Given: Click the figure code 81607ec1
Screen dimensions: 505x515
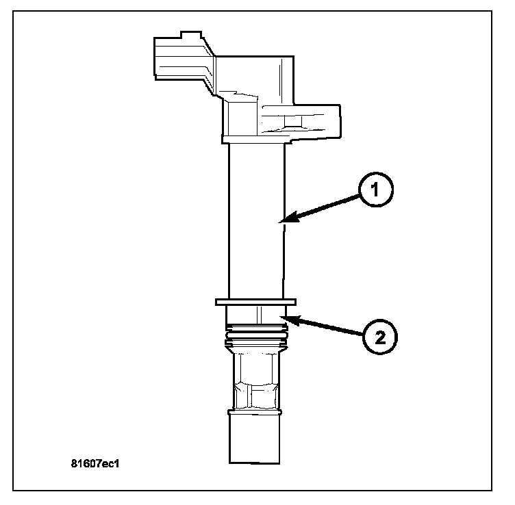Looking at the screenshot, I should [x=95, y=462].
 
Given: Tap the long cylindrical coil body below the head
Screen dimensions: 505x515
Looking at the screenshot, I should [x=255, y=219].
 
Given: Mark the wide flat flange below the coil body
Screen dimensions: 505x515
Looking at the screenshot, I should [x=255, y=301].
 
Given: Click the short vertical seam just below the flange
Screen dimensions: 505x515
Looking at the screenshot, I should [x=259, y=314].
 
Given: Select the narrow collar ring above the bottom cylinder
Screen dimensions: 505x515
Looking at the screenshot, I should [x=255, y=412].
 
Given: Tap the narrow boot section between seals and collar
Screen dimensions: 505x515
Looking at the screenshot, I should [x=255, y=376].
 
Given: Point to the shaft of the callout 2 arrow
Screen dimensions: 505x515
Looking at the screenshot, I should [x=329, y=328].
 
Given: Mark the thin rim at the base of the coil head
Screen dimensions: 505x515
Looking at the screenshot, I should [x=255, y=140].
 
